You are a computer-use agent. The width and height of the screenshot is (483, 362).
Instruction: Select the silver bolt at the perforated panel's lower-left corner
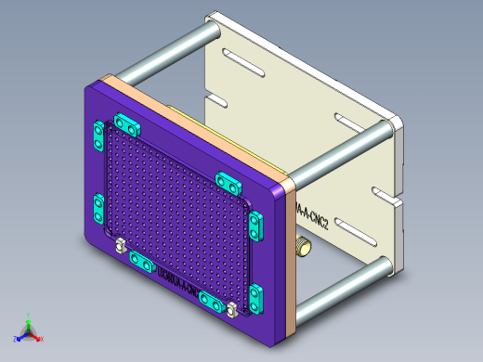click(121, 246)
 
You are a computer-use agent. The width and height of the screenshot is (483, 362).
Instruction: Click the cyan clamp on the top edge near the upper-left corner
click(125, 123)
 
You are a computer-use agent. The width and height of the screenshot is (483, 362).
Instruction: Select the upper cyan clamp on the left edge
click(96, 138)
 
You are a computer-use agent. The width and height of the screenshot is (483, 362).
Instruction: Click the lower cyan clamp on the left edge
click(98, 208)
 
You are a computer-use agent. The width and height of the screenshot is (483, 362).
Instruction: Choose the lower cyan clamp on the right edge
click(255, 297)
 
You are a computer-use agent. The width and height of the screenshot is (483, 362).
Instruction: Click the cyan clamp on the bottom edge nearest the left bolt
click(141, 264)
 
